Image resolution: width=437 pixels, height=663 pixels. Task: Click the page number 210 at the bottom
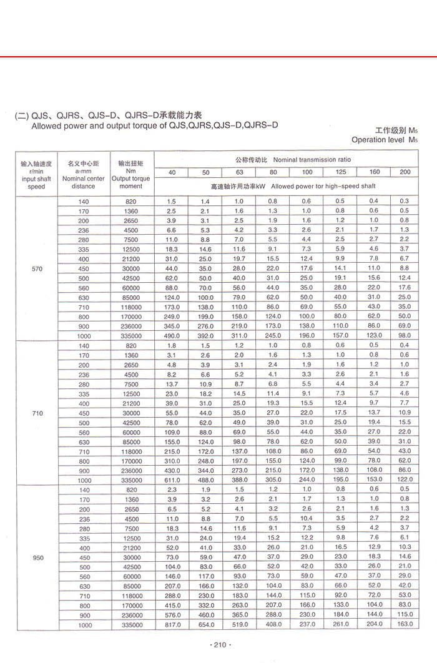point(219,645)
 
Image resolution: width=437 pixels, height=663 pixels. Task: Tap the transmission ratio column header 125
point(340,172)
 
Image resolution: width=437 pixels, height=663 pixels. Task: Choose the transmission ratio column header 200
point(405,172)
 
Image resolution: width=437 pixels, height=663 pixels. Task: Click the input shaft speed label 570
point(37,269)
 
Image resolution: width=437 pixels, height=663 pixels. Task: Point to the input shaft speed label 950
point(37,557)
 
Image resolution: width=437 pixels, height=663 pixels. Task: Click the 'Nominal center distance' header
point(84,182)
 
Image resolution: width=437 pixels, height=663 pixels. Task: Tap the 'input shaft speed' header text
point(37,182)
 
